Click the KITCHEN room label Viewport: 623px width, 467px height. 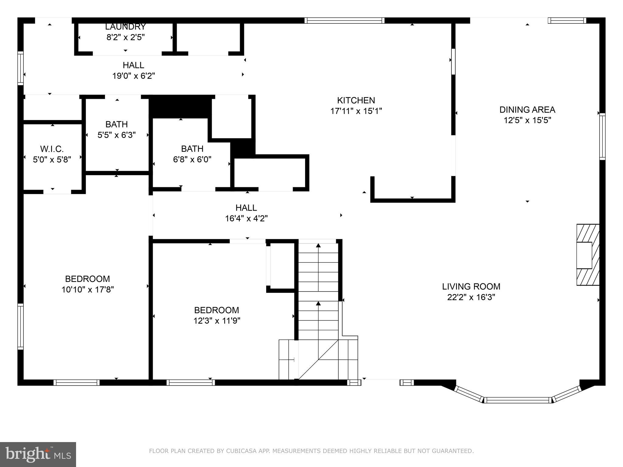click(x=356, y=100)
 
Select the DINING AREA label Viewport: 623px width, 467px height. click(x=527, y=110)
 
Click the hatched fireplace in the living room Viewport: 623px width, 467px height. click(x=588, y=255)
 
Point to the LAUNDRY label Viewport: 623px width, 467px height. click(x=125, y=27)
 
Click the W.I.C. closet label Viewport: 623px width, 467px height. click(x=52, y=149)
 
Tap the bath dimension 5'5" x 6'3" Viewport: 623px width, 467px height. click(x=117, y=135)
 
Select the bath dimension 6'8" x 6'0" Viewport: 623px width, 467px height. click(x=192, y=159)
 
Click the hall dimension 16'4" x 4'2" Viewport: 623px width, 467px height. click(x=246, y=219)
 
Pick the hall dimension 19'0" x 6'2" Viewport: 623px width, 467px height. click(x=134, y=76)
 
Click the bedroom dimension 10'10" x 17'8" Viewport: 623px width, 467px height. click(x=88, y=289)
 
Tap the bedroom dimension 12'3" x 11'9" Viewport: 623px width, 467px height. click(x=217, y=321)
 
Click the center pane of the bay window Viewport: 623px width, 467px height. click(x=517, y=400)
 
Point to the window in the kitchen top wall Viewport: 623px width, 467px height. click(x=344, y=20)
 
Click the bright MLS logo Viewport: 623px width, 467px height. click(x=38, y=455)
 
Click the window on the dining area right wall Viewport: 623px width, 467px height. click(x=602, y=136)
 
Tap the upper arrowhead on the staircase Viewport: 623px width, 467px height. click(x=318, y=245)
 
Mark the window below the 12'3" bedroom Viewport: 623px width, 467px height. click(x=190, y=382)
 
